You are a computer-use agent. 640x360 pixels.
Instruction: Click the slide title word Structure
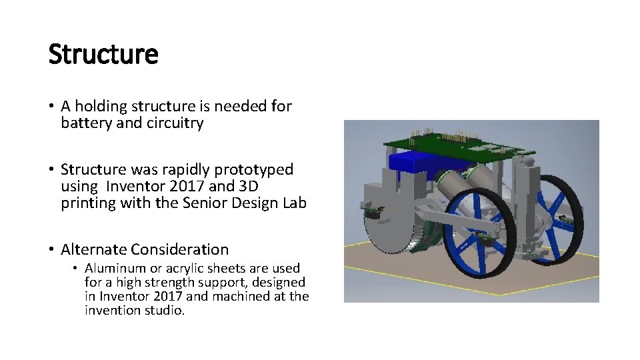(x=103, y=55)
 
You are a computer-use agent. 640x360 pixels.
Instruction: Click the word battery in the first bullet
(x=83, y=123)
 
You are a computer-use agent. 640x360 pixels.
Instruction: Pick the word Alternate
(x=93, y=250)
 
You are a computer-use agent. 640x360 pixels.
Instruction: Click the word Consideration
(x=179, y=250)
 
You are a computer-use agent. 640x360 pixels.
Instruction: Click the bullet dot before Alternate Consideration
(x=51, y=250)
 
